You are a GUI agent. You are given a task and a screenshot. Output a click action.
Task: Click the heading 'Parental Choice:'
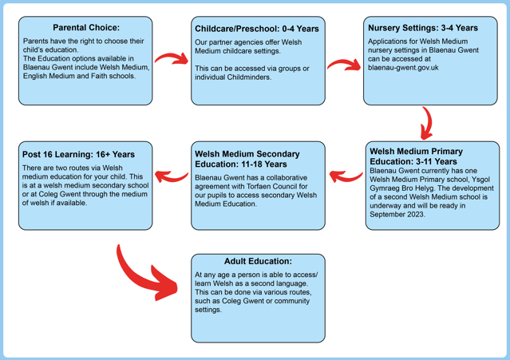86,28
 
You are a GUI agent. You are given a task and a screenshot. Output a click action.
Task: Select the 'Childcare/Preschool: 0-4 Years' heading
257,29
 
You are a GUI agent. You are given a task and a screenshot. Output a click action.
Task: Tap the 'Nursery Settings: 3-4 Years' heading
423,28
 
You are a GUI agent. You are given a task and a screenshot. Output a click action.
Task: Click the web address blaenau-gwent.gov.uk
403,68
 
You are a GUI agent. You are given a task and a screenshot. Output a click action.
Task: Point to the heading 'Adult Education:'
258,261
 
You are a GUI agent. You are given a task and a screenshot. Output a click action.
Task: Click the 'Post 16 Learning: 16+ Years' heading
78,155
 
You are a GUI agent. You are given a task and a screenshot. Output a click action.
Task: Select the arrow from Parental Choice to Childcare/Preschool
171,58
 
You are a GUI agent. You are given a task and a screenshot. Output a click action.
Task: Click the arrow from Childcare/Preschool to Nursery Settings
344,64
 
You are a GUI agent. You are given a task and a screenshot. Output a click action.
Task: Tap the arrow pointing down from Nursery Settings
429,124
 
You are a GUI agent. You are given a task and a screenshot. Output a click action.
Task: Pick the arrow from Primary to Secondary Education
346,176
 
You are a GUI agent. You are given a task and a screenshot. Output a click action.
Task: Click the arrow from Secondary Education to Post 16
172,176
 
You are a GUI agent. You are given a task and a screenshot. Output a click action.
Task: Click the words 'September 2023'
397,215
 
